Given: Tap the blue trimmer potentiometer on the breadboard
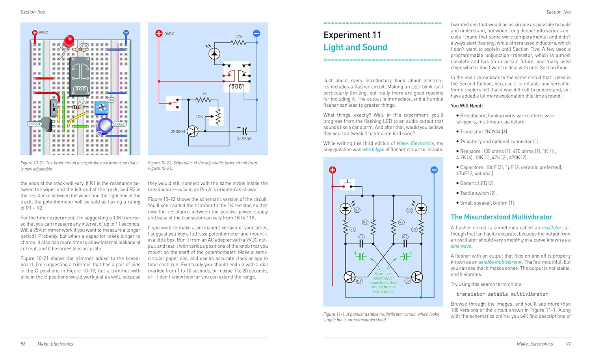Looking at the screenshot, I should [101, 108].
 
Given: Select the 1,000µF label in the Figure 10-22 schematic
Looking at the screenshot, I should [244, 138].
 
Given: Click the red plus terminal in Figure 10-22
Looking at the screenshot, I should [159, 33].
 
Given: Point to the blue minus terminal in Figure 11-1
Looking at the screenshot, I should [434, 170].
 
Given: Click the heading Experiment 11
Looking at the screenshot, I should [352, 35].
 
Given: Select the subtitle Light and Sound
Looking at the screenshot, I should [355, 47].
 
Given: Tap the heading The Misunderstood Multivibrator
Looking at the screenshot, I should [501, 217].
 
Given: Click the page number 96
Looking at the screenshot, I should [23, 344].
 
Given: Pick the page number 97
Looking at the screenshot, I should [568, 344].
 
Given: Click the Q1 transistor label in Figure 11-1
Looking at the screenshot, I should [359, 281].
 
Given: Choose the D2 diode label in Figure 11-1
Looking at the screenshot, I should [409, 210].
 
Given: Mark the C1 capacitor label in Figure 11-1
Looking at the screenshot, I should [361, 237].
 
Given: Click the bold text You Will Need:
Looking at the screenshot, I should [466, 106].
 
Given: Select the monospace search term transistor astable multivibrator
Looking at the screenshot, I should [502, 294].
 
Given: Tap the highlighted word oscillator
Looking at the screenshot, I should [552, 228].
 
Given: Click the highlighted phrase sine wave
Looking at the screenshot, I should [461, 246].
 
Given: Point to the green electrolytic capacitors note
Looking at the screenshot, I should [383, 282].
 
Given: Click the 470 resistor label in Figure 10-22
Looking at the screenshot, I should [239, 37].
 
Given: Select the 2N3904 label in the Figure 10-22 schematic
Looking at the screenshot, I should [178, 132].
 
